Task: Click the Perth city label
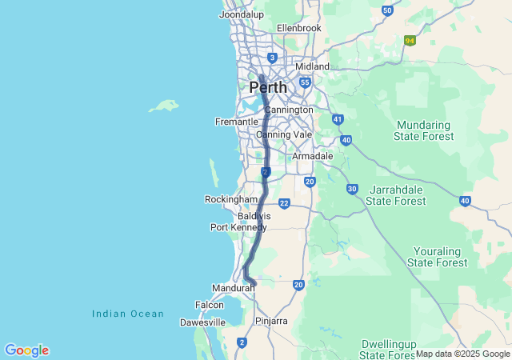(268, 86)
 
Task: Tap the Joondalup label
(242, 14)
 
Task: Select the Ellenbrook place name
(298, 28)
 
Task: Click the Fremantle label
(237, 122)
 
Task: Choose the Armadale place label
(312, 156)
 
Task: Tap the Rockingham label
(231, 199)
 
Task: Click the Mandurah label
(233, 287)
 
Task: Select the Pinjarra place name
(271, 321)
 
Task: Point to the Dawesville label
(201, 322)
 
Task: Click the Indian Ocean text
(128, 314)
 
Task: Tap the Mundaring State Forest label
(423, 130)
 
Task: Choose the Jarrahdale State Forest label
(396, 195)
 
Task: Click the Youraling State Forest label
(437, 256)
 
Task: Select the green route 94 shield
(410, 41)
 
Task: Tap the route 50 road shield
(387, 10)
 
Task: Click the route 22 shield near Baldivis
(284, 204)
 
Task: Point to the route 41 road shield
(338, 119)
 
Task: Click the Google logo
(26, 350)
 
